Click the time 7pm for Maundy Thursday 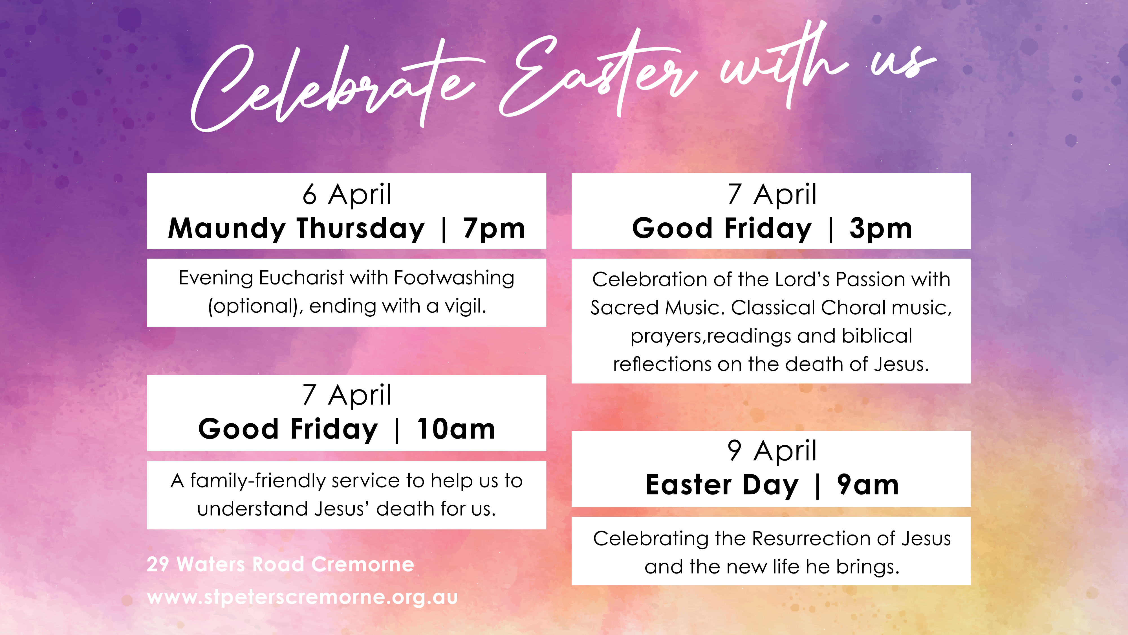[x=494, y=229]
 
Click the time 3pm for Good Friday [x=881, y=229]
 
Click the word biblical [x=877, y=336]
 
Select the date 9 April [x=772, y=450]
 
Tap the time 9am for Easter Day [x=868, y=485]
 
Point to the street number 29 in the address [x=158, y=564]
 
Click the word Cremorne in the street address [x=363, y=564]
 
